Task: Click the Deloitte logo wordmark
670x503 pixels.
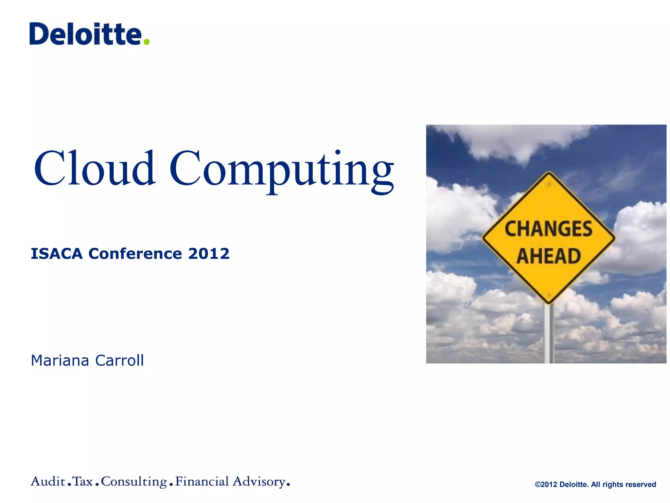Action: (86, 34)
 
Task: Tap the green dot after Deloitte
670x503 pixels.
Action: (147, 42)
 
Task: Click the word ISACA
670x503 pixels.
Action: (57, 254)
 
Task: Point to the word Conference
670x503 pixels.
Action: (135, 254)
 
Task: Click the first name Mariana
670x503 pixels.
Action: (60, 361)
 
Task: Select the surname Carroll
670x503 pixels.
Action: (119, 361)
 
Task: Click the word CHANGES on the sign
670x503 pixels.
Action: (548, 229)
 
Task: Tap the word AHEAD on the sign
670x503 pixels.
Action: (549, 256)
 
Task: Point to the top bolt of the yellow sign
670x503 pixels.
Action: (549, 184)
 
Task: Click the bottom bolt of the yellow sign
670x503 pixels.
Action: (549, 295)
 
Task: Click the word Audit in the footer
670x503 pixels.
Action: (48, 481)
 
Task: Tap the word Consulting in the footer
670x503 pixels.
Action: (134, 482)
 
